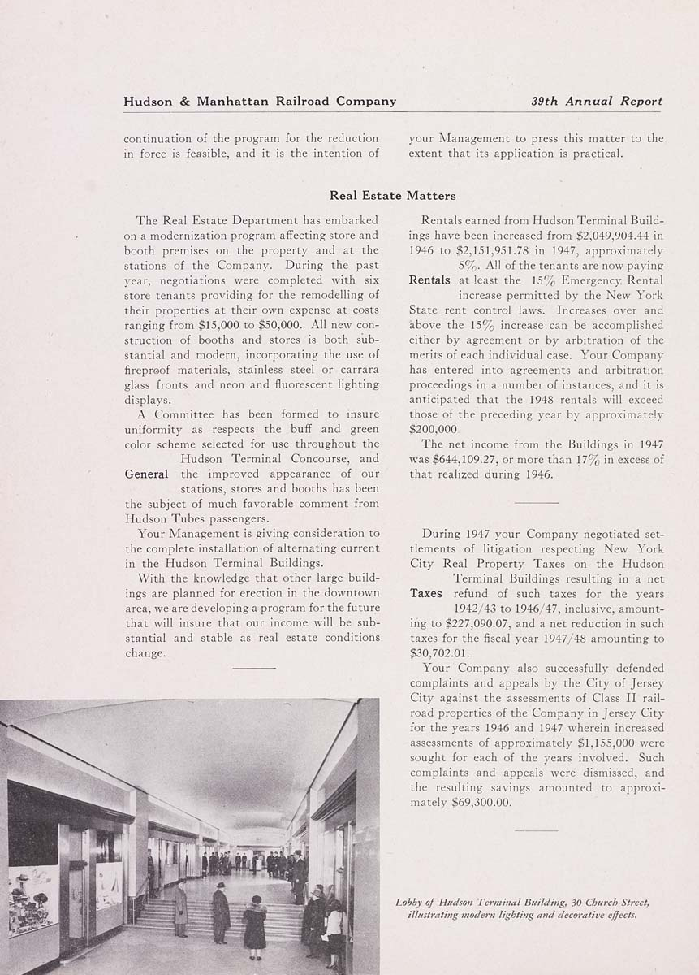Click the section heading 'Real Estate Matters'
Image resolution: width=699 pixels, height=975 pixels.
[x=392, y=196]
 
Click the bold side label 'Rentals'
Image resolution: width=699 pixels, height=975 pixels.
[x=430, y=280]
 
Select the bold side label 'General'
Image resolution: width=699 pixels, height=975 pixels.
[x=147, y=474]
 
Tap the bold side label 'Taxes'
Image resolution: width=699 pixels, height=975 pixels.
[x=426, y=594]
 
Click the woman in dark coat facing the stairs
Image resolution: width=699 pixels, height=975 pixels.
[x=254, y=923]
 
